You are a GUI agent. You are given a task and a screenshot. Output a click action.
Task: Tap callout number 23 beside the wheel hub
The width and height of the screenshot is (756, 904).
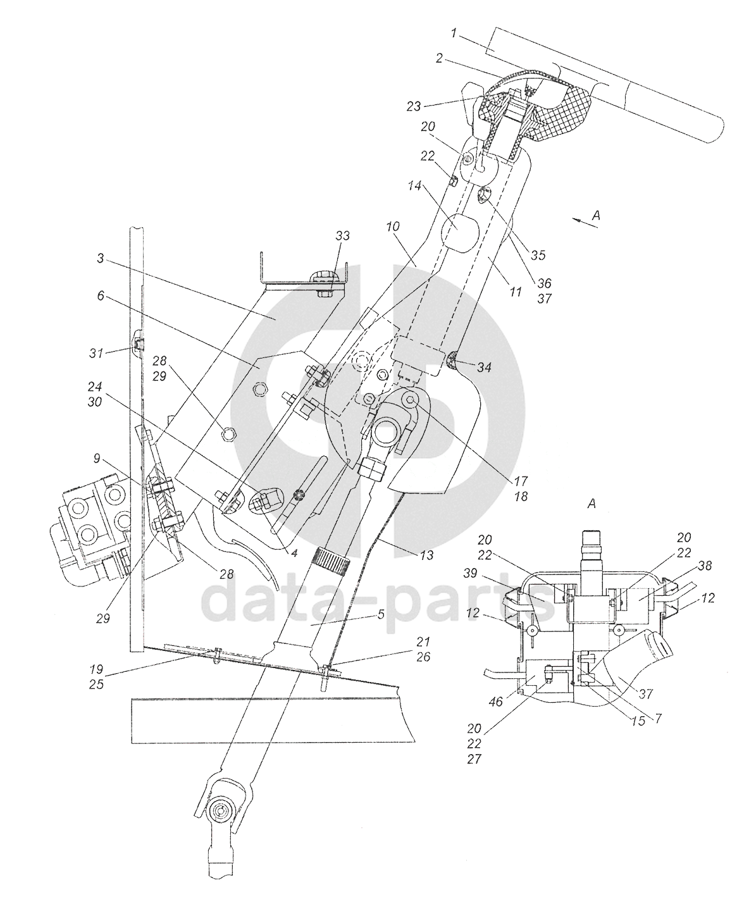tap(414, 106)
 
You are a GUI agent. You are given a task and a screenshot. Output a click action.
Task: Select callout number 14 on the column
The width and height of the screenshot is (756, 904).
tap(414, 186)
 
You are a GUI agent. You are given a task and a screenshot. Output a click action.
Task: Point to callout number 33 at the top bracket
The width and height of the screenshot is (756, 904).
tap(342, 236)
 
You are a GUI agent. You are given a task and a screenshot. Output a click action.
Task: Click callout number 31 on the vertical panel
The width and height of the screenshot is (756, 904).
tap(96, 353)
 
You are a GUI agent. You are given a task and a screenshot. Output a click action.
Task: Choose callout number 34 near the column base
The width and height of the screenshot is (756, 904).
tap(485, 368)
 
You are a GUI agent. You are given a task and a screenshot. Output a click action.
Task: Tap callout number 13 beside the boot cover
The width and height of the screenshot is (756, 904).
tap(427, 555)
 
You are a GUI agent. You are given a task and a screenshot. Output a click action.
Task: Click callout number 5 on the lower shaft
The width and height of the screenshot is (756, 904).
tap(381, 614)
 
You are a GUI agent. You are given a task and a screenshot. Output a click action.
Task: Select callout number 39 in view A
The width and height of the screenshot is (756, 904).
tap(470, 573)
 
